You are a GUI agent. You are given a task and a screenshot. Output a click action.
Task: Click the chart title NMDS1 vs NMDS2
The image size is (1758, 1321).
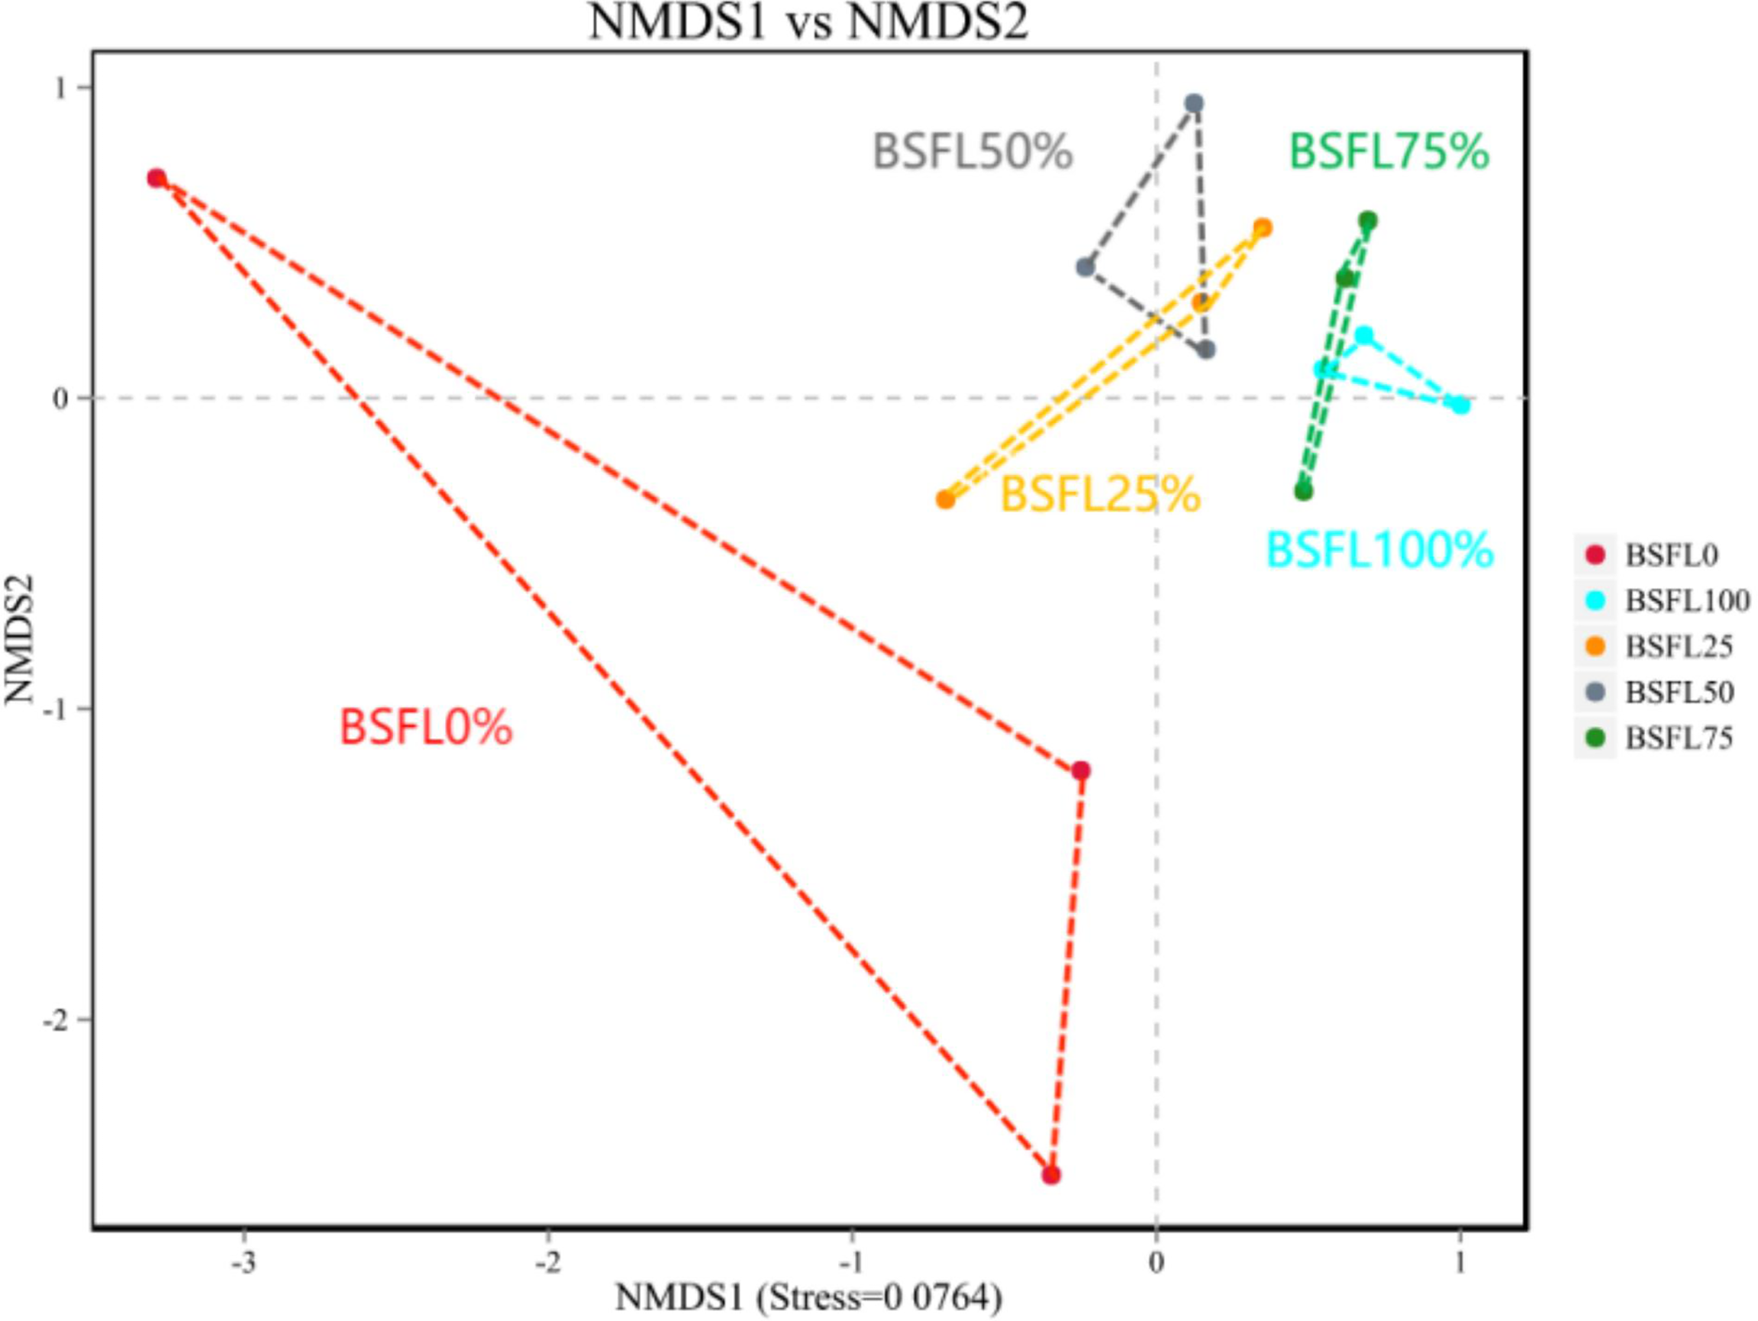point(808,21)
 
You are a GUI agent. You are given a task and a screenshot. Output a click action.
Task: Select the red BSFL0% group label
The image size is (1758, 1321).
point(426,726)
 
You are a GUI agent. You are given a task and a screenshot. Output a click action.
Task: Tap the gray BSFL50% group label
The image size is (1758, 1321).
point(973,151)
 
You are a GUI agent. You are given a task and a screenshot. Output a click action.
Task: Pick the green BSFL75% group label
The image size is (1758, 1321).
point(1389,151)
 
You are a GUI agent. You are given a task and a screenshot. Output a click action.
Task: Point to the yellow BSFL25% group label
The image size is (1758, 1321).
point(1100,493)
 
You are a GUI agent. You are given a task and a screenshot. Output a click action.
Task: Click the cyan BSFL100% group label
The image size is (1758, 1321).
point(1379,549)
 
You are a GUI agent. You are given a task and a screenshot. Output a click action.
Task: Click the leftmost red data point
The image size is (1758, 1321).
point(156,178)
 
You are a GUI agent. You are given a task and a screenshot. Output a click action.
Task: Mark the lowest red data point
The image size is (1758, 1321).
point(1051,1174)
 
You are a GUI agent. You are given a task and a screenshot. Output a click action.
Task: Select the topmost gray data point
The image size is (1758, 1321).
point(1194,103)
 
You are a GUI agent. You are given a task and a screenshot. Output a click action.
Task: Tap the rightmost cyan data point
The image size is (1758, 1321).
point(1461,406)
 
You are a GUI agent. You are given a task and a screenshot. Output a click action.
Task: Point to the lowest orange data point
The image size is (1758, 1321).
point(945,500)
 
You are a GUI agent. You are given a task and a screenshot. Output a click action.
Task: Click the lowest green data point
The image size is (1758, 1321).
point(1303,492)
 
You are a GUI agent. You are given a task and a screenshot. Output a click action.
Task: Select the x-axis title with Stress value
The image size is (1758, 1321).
point(808,1298)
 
